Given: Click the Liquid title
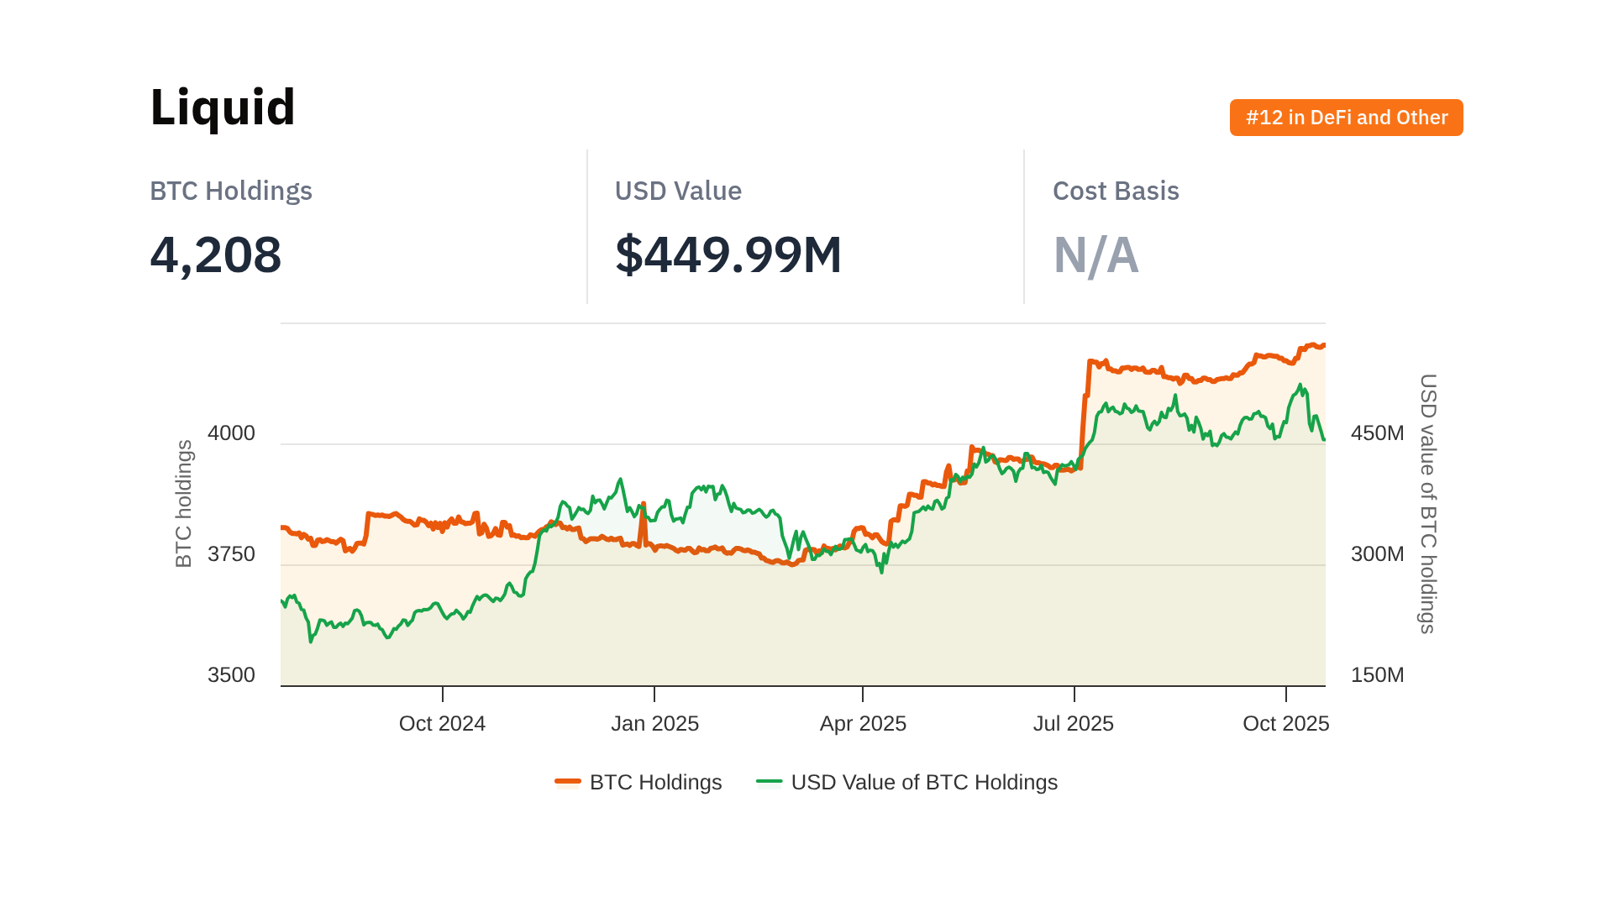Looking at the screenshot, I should pyautogui.click(x=223, y=107).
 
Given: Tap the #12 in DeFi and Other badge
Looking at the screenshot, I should pyautogui.click(x=1346, y=118).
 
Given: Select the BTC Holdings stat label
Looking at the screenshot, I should pyautogui.click(x=231, y=191).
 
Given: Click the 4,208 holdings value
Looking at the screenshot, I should pyautogui.click(x=216, y=254).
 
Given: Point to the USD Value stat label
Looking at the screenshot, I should pyautogui.click(x=678, y=191).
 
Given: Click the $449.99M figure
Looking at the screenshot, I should pyautogui.click(x=728, y=254).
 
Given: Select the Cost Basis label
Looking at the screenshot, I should pyautogui.click(x=1116, y=191).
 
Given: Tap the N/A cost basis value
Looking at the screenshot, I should pyautogui.click(x=1095, y=255).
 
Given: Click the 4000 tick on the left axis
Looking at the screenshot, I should pyautogui.click(x=231, y=433).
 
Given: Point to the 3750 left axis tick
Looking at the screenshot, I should pyautogui.click(x=231, y=554).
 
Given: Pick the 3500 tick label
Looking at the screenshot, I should pyautogui.click(x=231, y=675).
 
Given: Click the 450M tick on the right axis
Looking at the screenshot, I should pyautogui.click(x=1377, y=433).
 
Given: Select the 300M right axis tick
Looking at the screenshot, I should pyautogui.click(x=1377, y=554).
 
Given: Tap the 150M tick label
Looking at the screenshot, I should pyautogui.click(x=1377, y=675).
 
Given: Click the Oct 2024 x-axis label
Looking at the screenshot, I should pyautogui.click(x=442, y=724).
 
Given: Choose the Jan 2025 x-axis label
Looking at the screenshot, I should pyautogui.click(x=654, y=724).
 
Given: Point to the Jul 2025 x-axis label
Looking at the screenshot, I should pyautogui.click(x=1073, y=724).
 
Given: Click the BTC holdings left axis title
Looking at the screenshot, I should pyautogui.click(x=184, y=504).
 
